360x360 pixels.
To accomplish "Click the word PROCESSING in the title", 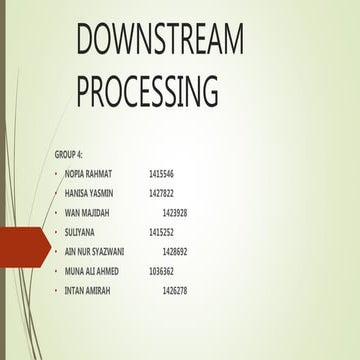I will [x=146, y=91].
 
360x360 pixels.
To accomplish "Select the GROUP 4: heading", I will [x=70, y=155].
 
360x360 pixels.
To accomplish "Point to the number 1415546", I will [x=161, y=174].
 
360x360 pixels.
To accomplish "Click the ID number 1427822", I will [x=161, y=193].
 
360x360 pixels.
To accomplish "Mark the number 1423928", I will [x=175, y=213].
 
